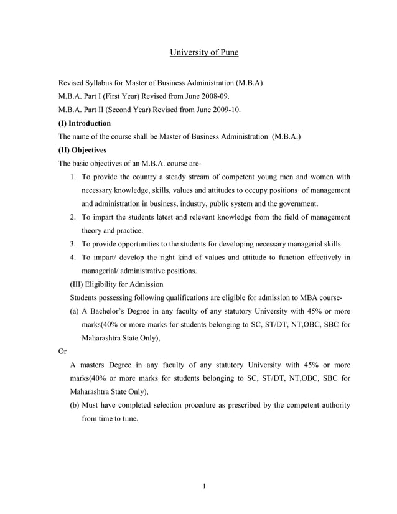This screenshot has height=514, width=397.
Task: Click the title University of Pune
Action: (x=204, y=53)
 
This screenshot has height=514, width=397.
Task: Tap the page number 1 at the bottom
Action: (x=204, y=486)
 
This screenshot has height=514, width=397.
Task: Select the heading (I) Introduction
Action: (x=85, y=123)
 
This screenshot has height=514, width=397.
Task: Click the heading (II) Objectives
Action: (x=82, y=150)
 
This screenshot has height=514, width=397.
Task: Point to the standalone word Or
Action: (x=63, y=352)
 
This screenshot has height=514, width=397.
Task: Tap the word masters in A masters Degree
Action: (x=98, y=365)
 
